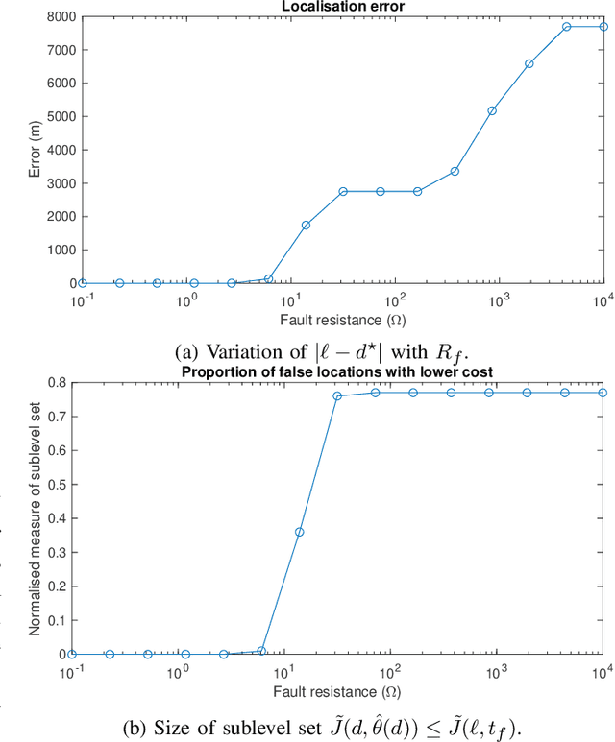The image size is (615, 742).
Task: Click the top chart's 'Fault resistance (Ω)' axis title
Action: pos(342,318)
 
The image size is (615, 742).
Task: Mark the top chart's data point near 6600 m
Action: pos(529,63)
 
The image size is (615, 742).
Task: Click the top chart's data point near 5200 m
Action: pos(492,110)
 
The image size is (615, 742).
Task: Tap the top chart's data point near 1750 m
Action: pos(306,225)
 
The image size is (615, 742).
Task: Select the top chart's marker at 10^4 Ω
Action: pos(603,27)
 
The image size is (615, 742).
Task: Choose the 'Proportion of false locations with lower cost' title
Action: pos(344,372)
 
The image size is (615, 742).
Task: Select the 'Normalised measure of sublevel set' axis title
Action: pos(32,518)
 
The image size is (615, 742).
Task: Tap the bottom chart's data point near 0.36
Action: pos(300,532)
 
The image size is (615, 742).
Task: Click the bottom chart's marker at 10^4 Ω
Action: pos(603,393)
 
